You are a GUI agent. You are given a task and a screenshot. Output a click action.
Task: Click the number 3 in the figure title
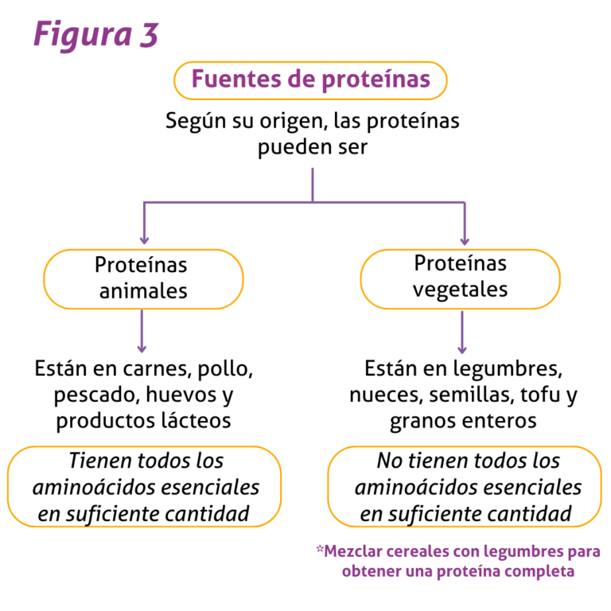[x=150, y=35]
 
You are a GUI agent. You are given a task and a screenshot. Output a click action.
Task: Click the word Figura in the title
[x=83, y=36]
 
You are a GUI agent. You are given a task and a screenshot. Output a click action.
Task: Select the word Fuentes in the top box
[x=236, y=79]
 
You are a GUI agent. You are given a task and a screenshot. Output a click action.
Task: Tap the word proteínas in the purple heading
[x=376, y=80]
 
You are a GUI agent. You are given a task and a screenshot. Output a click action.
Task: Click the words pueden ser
[x=313, y=148]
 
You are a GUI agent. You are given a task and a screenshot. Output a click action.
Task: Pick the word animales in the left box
[x=143, y=291]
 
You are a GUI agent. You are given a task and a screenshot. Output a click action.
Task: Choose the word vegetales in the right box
[x=460, y=290]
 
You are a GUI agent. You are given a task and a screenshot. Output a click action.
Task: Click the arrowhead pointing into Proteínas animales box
[x=144, y=239]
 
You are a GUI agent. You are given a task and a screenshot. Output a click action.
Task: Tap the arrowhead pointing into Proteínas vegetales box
[x=465, y=240]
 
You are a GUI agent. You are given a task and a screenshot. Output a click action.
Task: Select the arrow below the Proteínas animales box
[x=142, y=331]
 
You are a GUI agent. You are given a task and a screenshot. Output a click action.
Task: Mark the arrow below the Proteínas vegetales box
[x=462, y=333]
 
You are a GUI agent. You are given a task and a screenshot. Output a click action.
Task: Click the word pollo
[x=225, y=369]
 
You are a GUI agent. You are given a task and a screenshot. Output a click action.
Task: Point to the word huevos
[x=181, y=395]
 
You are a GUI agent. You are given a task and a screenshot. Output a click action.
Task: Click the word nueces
[x=386, y=395]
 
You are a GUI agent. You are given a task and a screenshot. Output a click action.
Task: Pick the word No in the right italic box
[x=390, y=461]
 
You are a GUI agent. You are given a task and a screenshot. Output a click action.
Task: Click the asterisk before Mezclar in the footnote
[x=320, y=550]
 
